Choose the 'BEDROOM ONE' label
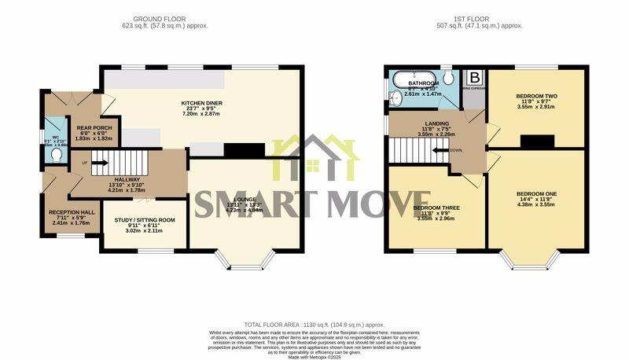[536, 193]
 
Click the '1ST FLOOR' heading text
[479, 18]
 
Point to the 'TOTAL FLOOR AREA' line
[313, 324]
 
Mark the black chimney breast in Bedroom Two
[536, 141]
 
